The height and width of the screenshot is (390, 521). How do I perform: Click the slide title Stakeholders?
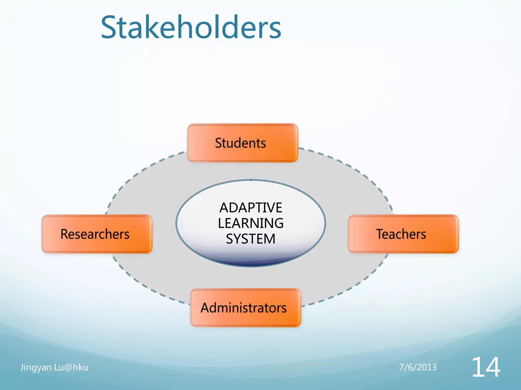(x=191, y=27)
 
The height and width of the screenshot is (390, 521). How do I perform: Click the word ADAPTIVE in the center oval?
(x=251, y=208)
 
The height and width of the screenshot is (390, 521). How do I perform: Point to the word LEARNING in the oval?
(x=251, y=223)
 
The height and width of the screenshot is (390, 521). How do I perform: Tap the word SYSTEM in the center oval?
(x=251, y=239)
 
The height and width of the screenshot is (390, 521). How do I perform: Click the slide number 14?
(x=486, y=367)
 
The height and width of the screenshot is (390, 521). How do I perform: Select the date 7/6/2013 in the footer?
(x=418, y=367)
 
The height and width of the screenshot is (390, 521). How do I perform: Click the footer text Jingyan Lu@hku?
(x=54, y=367)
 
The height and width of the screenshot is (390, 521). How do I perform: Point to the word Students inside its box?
(x=240, y=143)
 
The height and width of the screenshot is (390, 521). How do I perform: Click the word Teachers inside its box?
(x=401, y=234)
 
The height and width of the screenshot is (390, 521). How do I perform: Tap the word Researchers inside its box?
(x=95, y=234)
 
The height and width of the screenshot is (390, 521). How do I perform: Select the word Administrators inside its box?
(x=244, y=308)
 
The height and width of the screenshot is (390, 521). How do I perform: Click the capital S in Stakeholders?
(x=110, y=27)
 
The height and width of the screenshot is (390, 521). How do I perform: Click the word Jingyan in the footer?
(x=36, y=367)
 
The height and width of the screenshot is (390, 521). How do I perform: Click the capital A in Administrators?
(x=206, y=308)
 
